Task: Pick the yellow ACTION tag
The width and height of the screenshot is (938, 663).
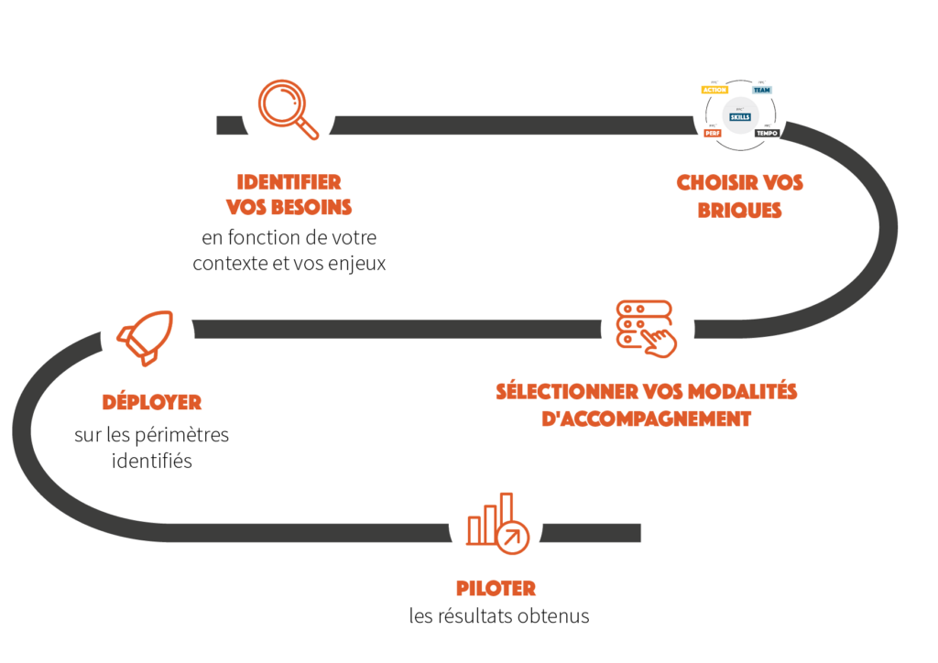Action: tap(714, 90)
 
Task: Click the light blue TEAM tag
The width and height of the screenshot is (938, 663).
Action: tap(761, 90)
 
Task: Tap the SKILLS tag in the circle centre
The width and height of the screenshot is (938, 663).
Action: tap(739, 116)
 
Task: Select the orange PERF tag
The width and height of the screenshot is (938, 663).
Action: tap(713, 134)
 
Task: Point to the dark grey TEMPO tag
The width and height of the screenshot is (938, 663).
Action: tap(767, 134)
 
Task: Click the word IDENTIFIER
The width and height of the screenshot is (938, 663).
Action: tap(289, 181)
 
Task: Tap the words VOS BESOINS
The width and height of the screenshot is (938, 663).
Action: tap(289, 207)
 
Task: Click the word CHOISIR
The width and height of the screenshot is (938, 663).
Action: tap(709, 183)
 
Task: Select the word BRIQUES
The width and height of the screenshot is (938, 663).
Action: tap(739, 210)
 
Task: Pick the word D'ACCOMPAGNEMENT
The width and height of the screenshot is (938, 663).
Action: tap(648, 418)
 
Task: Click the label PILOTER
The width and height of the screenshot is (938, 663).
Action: tap(496, 589)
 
